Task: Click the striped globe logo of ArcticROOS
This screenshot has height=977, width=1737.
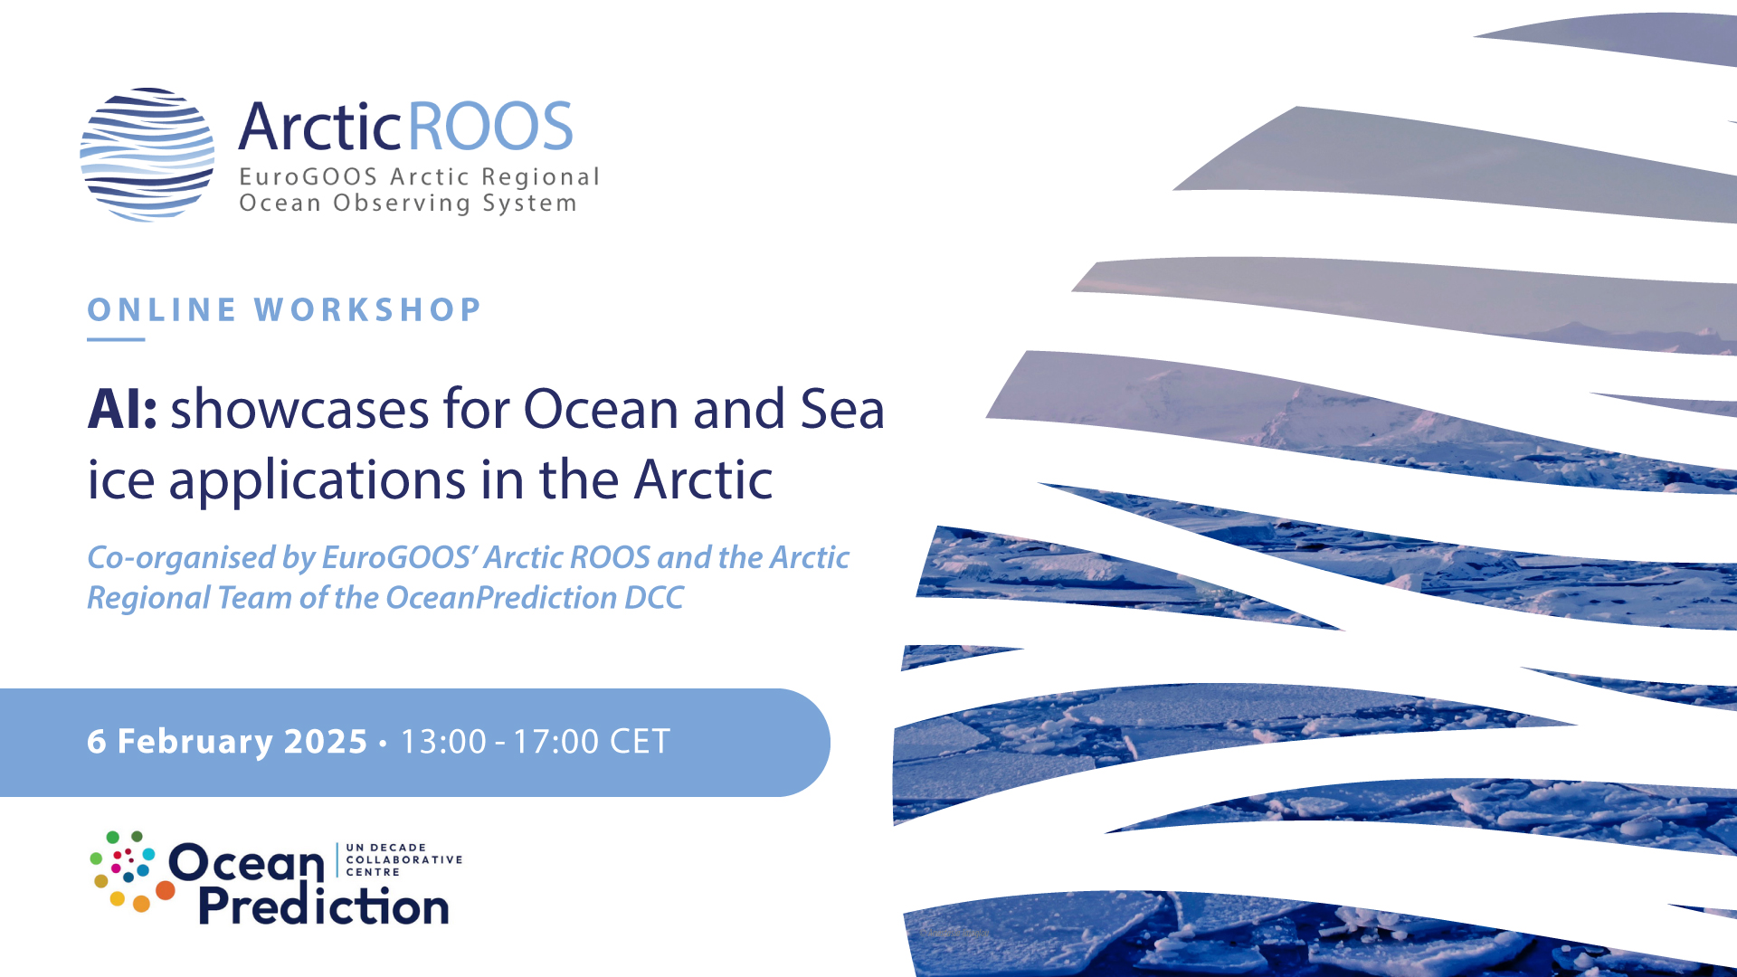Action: tap(147, 155)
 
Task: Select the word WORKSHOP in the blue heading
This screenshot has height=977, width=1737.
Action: tap(367, 309)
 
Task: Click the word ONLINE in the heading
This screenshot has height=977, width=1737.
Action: tap(162, 309)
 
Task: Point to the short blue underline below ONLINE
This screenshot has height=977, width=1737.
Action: tap(116, 339)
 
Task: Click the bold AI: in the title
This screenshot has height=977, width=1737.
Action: tap(122, 409)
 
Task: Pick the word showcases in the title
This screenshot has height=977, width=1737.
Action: tap(299, 409)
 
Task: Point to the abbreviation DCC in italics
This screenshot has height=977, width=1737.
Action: tap(654, 598)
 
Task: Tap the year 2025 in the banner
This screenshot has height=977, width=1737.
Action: tap(326, 742)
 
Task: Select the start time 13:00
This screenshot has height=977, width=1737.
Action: tap(443, 742)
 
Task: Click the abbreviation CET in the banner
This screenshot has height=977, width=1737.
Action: tap(640, 742)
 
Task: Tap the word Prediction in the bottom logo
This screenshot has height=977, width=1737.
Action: tap(323, 906)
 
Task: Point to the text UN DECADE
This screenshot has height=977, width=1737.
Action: tap(385, 848)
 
